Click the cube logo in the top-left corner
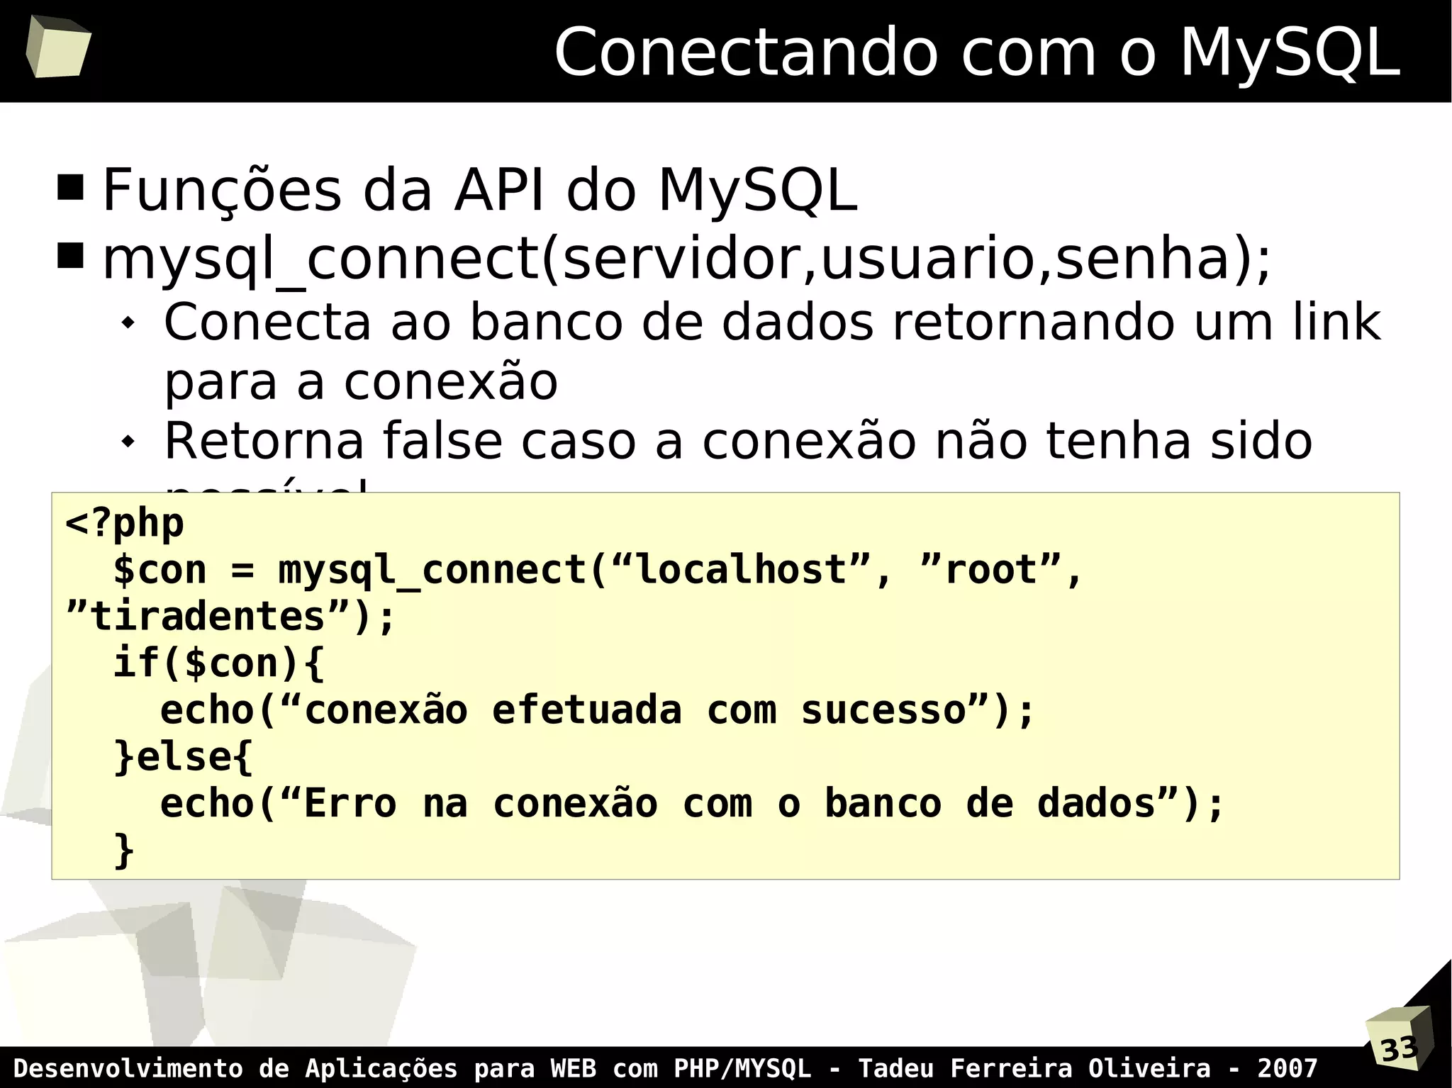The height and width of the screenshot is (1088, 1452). click(x=58, y=47)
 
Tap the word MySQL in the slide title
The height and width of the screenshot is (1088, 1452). click(x=1290, y=52)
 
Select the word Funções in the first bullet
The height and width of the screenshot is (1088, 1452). click(x=222, y=190)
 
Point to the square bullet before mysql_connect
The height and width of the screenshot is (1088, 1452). click(x=71, y=256)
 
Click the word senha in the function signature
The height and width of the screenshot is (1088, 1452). click(x=1141, y=259)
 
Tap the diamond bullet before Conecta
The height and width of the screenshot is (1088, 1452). click(x=128, y=323)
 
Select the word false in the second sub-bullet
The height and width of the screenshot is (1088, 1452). click(x=441, y=441)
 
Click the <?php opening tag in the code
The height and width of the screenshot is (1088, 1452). click(x=125, y=524)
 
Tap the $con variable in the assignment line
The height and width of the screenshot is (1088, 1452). click(x=160, y=571)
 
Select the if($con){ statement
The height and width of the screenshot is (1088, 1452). click(x=218, y=663)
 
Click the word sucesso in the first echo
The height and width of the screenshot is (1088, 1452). click(x=883, y=710)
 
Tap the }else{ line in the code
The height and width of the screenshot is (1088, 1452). click(x=183, y=757)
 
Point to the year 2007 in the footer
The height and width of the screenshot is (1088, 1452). click(x=1288, y=1068)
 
